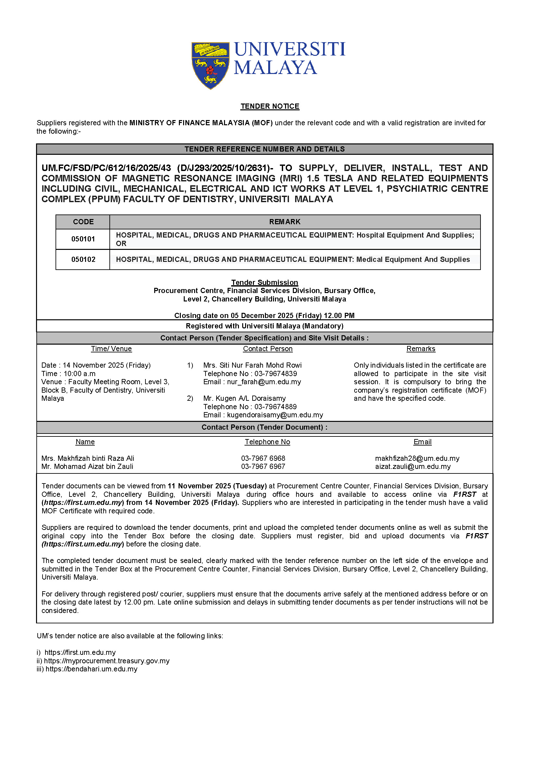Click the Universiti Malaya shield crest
[x=210, y=65]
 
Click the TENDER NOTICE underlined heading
[x=270, y=106]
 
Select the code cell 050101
[x=83, y=239]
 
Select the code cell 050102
[x=83, y=260]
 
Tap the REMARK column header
[x=285, y=222]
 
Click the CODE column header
[x=83, y=222]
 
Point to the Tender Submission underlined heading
[x=265, y=282]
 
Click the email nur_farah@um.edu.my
[x=264, y=382]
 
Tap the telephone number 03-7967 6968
[x=263, y=458]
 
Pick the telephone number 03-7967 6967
[x=263, y=466]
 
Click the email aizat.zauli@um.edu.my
[x=413, y=466]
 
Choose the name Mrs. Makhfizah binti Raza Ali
[x=88, y=458]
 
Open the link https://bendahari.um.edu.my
[x=91, y=669]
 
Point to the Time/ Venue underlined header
[x=111, y=349]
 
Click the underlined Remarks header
[x=420, y=349]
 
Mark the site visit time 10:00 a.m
[x=79, y=373]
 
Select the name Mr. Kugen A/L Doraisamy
[x=244, y=398]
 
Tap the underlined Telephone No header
[x=267, y=442]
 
